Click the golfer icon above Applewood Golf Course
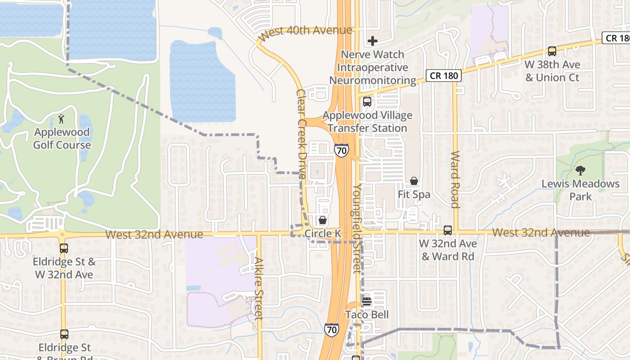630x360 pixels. tap(62, 119)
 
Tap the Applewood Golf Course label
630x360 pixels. tap(62, 139)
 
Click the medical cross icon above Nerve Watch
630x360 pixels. tap(373, 41)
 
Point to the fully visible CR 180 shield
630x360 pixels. tap(444, 76)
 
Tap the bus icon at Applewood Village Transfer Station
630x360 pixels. tap(367, 102)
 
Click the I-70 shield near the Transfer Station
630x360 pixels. tap(341, 150)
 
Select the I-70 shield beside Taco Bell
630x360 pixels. tap(331, 330)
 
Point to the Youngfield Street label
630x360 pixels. tap(357, 228)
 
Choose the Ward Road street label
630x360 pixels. tap(455, 179)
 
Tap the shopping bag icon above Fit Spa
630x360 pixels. tap(414, 181)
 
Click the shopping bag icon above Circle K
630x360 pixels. tap(323, 220)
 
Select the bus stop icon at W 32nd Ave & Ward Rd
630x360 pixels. tap(447, 230)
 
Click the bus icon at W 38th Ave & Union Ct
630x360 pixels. tap(552, 51)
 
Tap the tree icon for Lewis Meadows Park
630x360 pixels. tap(580, 171)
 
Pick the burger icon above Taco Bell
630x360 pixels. tap(367, 301)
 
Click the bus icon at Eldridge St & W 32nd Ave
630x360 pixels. tap(64, 248)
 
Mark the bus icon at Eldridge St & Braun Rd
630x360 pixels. tap(64, 334)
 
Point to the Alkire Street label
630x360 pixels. tap(258, 288)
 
